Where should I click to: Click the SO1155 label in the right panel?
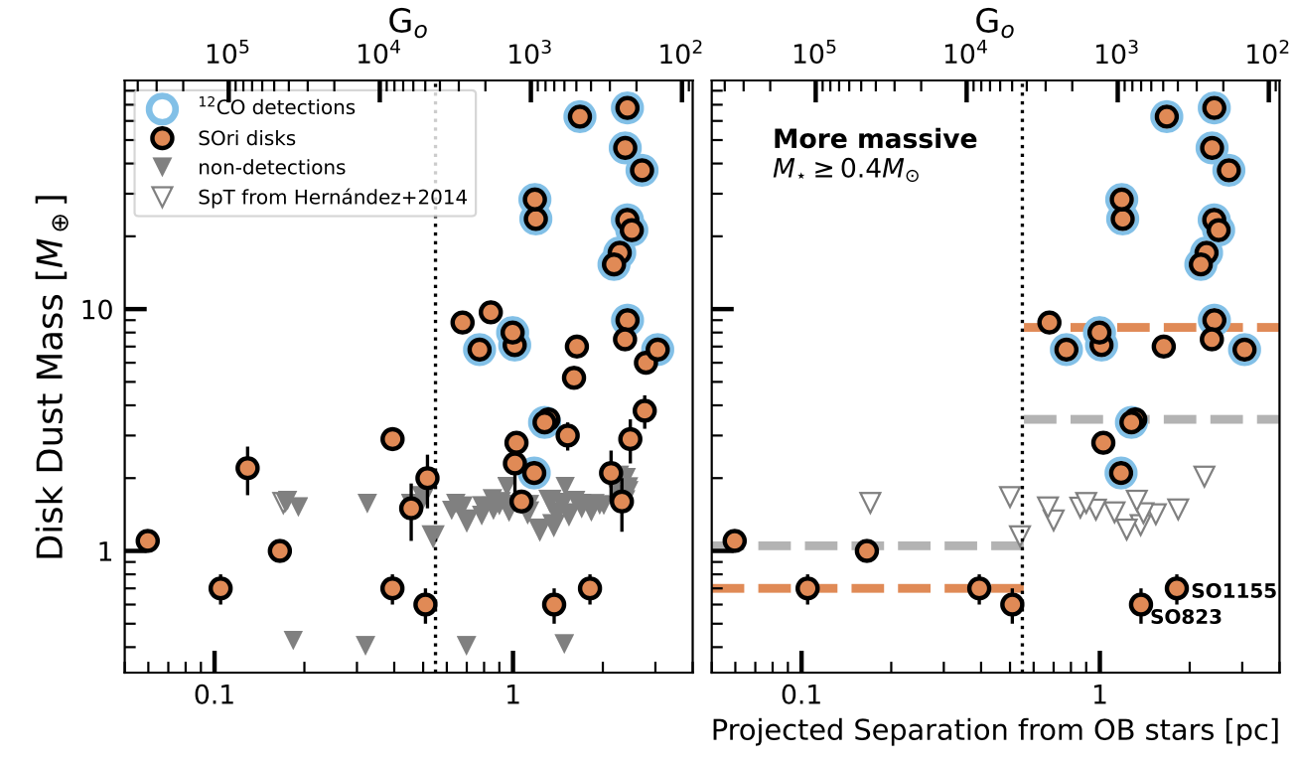tap(1233, 591)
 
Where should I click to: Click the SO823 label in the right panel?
tap(1185, 617)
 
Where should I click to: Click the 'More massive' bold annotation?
tap(875, 139)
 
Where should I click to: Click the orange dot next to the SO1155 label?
tap(1177, 587)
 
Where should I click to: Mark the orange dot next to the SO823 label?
tap(1140, 604)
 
